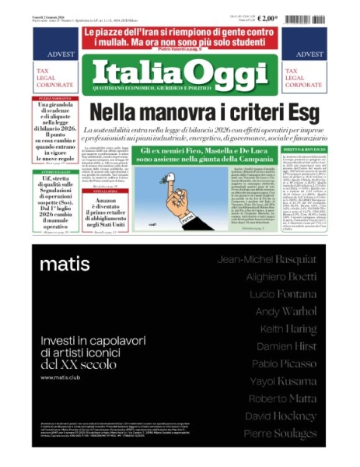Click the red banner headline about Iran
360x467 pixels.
click(179, 36)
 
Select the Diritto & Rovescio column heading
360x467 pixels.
click(302, 147)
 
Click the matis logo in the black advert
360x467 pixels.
click(64, 264)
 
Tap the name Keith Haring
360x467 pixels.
click(291, 328)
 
